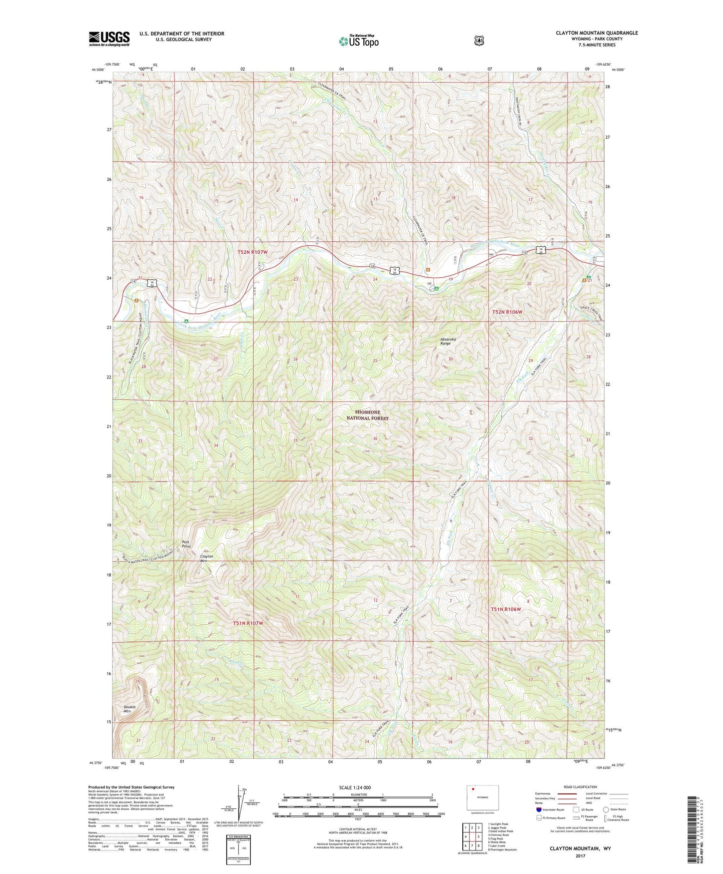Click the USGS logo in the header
click(x=109, y=38)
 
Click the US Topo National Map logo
click(x=358, y=41)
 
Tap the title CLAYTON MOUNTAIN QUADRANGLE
click(x=596, y=33)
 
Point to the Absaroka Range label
click(x=445, y=341)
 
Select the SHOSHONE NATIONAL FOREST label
click(x=367, y=415)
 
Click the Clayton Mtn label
click(x=206, y=558)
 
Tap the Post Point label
click(x=186, y=544)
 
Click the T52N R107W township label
click(x=256, y=252)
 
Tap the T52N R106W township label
click(x=507, y=312)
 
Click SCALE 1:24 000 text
click(x=355, y=787)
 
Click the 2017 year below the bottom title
click(x=580, y=855)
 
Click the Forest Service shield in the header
click(x=479, y=41)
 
